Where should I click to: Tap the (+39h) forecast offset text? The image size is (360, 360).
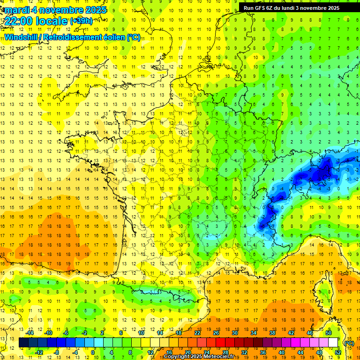81,21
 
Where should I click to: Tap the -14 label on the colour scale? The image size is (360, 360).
30,333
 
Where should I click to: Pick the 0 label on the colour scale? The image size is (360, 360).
93,352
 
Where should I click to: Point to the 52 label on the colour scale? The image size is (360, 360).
338,352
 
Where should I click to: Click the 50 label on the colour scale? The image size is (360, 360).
329,333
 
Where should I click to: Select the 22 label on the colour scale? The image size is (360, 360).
197,333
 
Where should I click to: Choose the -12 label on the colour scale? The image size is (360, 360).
39,352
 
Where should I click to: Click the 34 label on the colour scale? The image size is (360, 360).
254,333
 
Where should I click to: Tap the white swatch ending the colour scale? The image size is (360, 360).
333,343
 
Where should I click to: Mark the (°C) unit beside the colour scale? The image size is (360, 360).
349,343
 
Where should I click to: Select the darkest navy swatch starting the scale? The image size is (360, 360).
23,343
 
